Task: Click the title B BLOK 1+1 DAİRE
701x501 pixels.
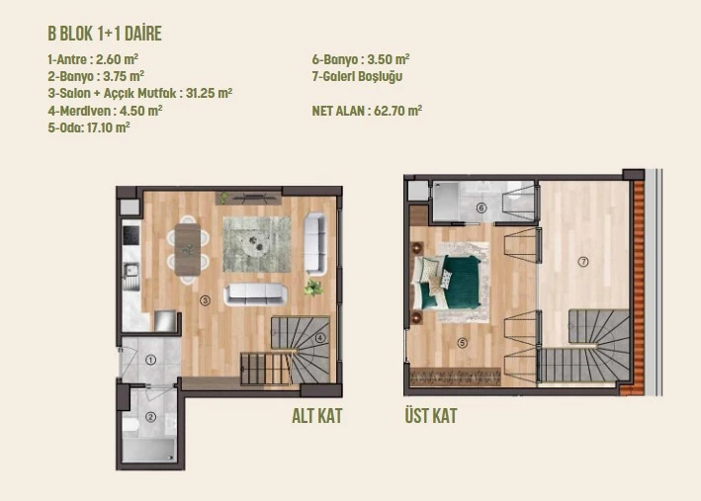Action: (105, 34)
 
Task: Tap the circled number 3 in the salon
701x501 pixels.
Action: (205, 300)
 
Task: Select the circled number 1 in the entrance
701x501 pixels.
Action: (150, 360)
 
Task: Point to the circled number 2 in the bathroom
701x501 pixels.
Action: (150, 417)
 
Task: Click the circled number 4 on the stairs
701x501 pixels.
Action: (320, 338)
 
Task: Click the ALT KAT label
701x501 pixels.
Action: (317, 416)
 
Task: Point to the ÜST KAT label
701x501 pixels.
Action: (431, 415)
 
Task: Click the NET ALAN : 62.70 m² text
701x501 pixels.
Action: (367, 111)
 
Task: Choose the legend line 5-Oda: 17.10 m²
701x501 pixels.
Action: (89, 127)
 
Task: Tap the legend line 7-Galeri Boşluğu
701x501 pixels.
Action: (357, 76)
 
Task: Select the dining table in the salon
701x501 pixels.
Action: (188, 249)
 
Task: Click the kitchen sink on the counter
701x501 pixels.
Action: (131, 271)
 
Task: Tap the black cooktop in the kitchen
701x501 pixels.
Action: (131, 235)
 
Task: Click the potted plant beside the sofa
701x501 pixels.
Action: (313, 288)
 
